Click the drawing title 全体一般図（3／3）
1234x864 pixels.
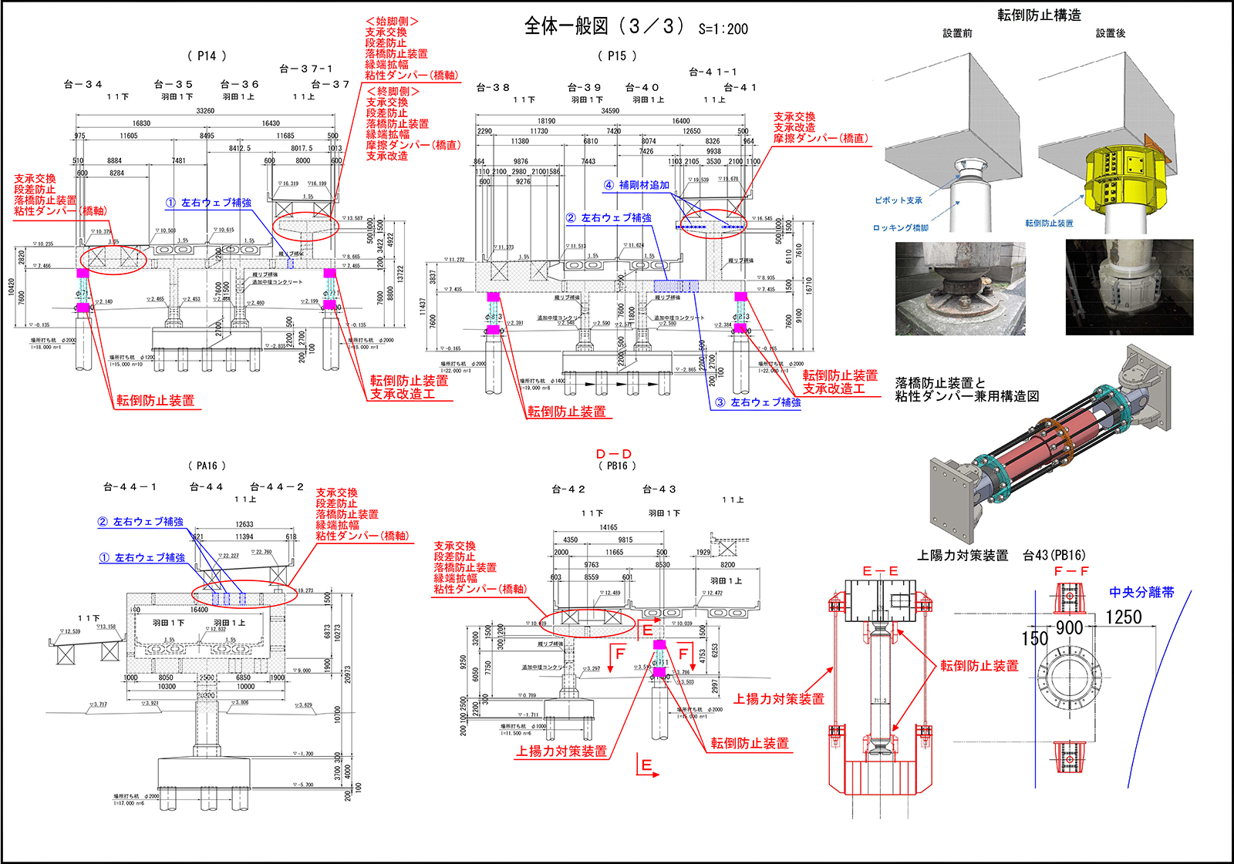click(604, 27)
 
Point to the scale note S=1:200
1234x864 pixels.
click(723, 29)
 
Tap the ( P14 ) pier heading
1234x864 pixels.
click(207, 55)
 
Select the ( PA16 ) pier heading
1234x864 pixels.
click(207, 466)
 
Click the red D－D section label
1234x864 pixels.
click(614, 454)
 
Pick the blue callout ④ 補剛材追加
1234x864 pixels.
click(637, 185)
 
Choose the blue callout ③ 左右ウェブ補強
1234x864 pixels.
click(758, 402)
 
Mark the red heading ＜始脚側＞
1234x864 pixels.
click(392, 22)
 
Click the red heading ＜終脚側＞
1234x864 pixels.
click(393, 92)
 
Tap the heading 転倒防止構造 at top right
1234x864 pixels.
click(1039, 15)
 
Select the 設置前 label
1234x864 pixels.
click(957, 33)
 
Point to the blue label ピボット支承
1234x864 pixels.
click(898, 200)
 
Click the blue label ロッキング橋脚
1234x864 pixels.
click(900, 228)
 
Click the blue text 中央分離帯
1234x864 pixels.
click(1141, 592)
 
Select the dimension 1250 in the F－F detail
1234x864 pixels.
click(1123, 617)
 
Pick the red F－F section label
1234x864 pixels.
click(1070, 571)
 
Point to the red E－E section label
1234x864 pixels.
click(880, 571)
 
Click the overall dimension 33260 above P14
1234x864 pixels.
click(205, 111)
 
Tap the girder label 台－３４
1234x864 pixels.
click(83, 84)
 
